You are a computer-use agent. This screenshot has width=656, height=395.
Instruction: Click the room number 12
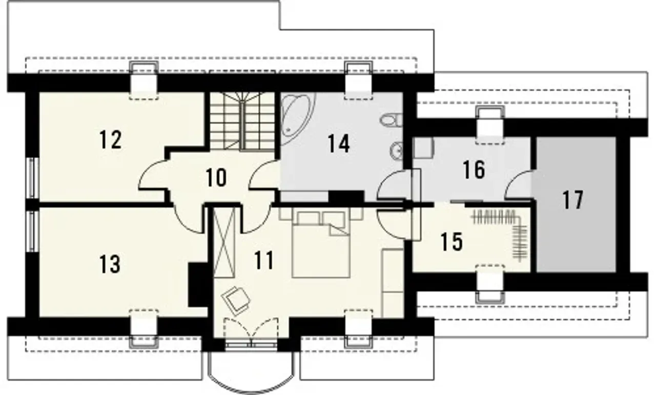[x=110, y=140]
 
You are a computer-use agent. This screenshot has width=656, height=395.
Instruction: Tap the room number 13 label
[x=110, y=264]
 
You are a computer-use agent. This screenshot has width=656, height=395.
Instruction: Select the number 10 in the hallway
[x=216, y=178]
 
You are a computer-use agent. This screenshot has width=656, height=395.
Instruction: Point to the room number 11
[x=264, y=260]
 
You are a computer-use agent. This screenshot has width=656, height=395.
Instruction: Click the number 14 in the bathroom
[x=339, y=143]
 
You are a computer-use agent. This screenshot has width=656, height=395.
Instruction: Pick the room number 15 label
[x=452, y=242]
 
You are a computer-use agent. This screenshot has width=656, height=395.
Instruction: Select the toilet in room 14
[x=391, y=120]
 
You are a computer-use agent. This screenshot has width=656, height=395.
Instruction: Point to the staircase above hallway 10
[x=242, y=121]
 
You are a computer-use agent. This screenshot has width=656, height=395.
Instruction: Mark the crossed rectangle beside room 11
[x=224, y=243]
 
